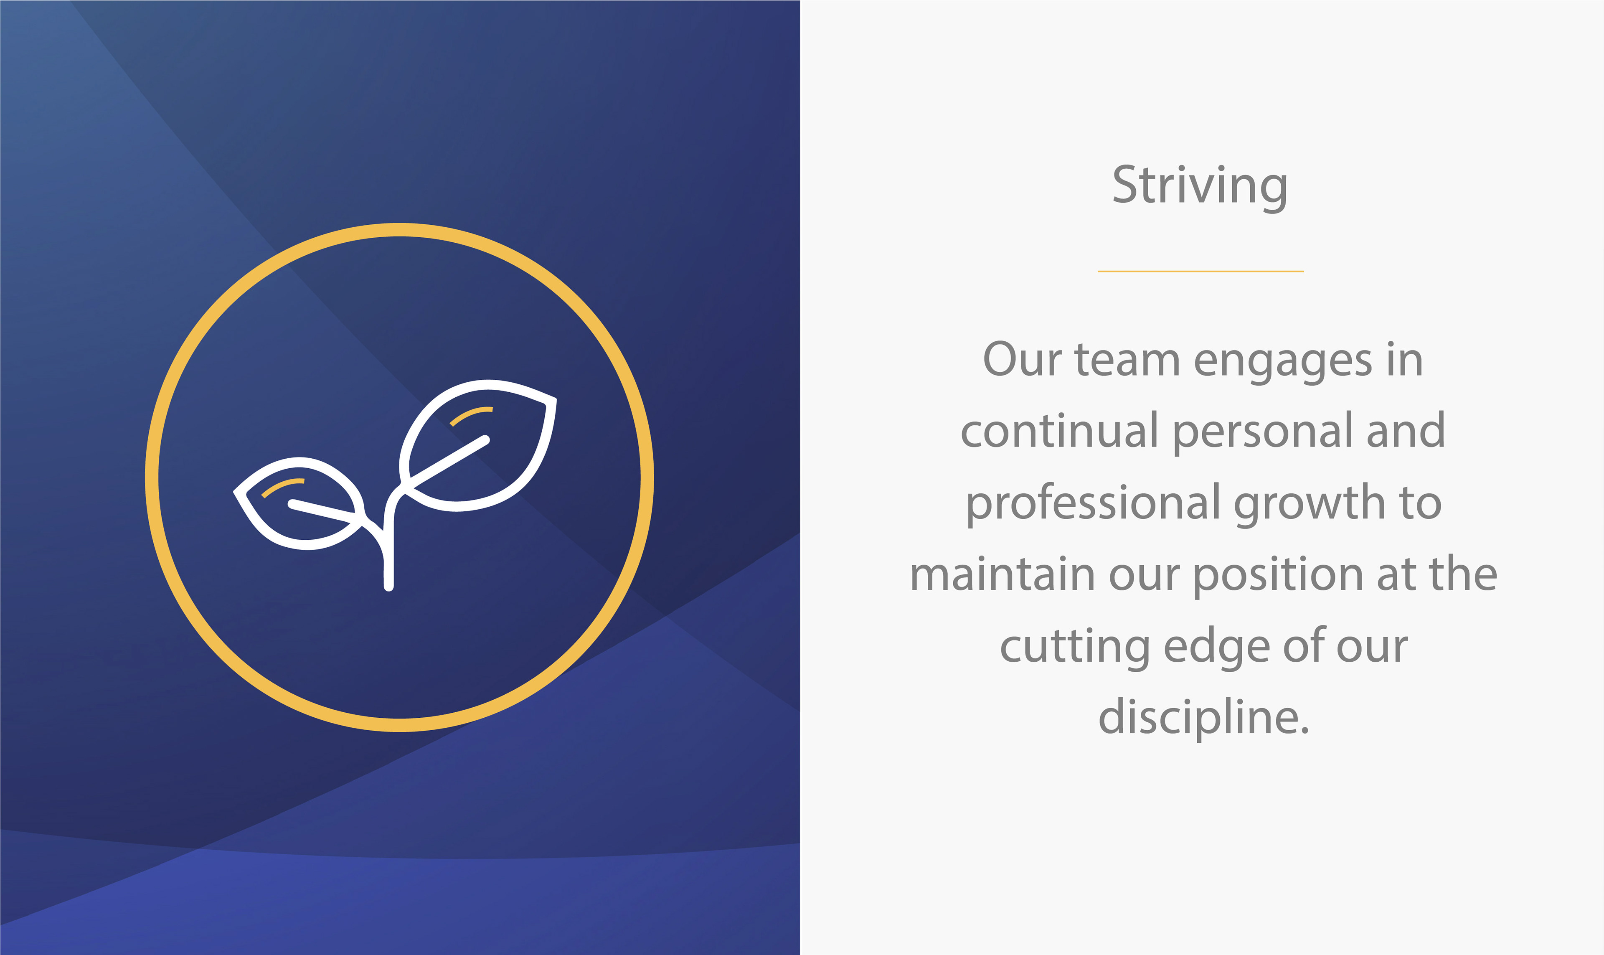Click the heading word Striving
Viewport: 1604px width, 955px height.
[1200, 187]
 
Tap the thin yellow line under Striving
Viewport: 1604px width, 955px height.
[1200, 272]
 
